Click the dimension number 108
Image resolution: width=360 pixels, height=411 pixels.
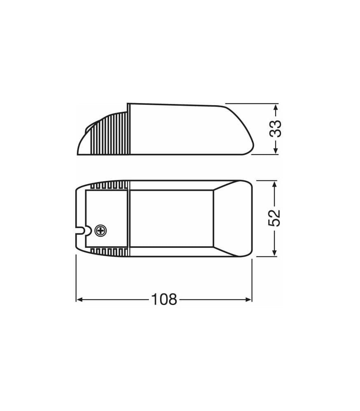pyautogui.click(x=164, y=299)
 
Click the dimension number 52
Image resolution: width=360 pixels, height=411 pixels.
pyautogui.click(x=274, y=218)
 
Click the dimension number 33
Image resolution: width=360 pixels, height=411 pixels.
pyautogui.click(x=276, y=129)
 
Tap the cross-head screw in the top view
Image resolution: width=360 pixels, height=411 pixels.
pyautogui.click(x=101, y=231)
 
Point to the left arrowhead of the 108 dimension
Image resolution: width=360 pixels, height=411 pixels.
pyautogui.click(x=79, y=299)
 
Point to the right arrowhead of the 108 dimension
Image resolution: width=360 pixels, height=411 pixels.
pyautogui.click(x=248, y=299)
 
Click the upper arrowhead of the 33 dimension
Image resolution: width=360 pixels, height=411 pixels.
pyautogui.click(x=275, y=107)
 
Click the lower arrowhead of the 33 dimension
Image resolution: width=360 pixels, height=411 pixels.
pyautogui.click(x=275, y=150)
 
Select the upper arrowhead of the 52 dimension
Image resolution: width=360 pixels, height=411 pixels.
pyautogui.click(x=274, y=185)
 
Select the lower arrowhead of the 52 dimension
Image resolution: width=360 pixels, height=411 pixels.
pyautogui.click(x=274, y=252)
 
